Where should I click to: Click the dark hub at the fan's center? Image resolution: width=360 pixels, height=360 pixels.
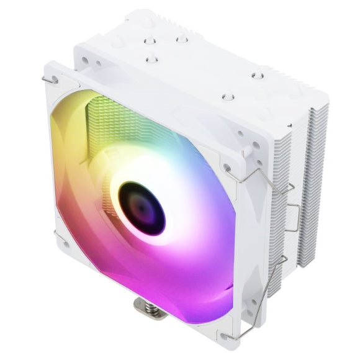[x=142, y=206]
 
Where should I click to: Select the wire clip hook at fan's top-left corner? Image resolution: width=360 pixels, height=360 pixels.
[x=51, y=79]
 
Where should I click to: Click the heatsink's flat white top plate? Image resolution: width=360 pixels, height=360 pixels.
[x=205, y=68]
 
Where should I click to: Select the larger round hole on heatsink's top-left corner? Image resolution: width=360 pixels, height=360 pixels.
[x=83, y=62]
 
